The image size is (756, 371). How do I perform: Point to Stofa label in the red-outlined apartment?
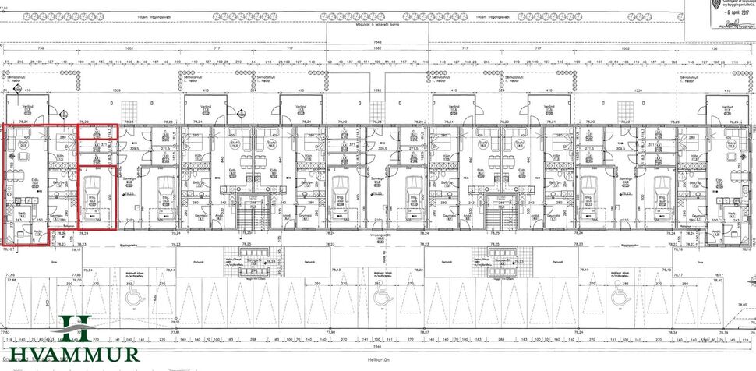[x=23, y=143]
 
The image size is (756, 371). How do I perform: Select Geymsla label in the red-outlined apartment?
[x=56, y=216]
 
